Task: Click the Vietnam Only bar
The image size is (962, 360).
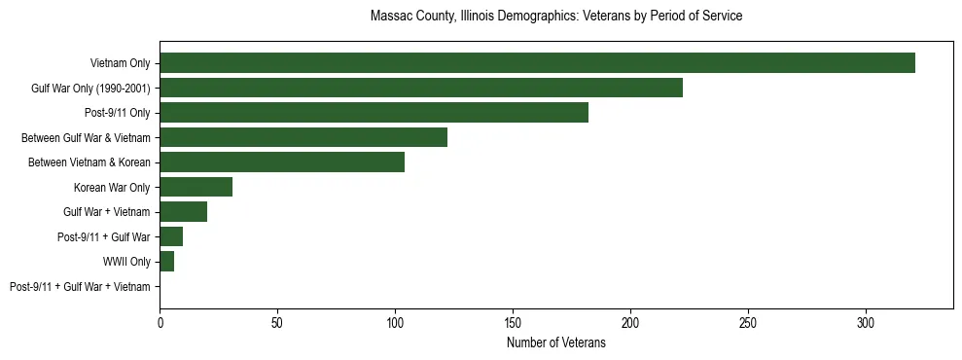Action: point(537,62)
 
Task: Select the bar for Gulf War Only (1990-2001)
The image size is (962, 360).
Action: point(421,88)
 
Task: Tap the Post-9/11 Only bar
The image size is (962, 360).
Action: point(374,112)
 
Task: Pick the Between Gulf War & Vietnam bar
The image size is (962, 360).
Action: point(303,137)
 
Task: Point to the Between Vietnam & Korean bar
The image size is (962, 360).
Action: point(282,162)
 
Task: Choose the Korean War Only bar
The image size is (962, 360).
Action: point(196,187)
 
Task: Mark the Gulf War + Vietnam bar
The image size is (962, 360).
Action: point(183,211)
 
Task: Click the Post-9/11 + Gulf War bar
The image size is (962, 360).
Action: point(171,236)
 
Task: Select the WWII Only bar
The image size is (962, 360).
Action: point(166,261)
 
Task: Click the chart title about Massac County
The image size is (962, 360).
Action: point(556,17)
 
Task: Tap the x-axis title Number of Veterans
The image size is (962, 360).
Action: point(556,342)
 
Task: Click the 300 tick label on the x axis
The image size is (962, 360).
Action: point(866,321)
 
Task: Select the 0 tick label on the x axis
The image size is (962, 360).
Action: point(160,321)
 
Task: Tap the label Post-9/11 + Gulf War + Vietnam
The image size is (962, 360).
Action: point(80,286)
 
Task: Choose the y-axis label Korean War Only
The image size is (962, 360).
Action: point(112,187)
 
